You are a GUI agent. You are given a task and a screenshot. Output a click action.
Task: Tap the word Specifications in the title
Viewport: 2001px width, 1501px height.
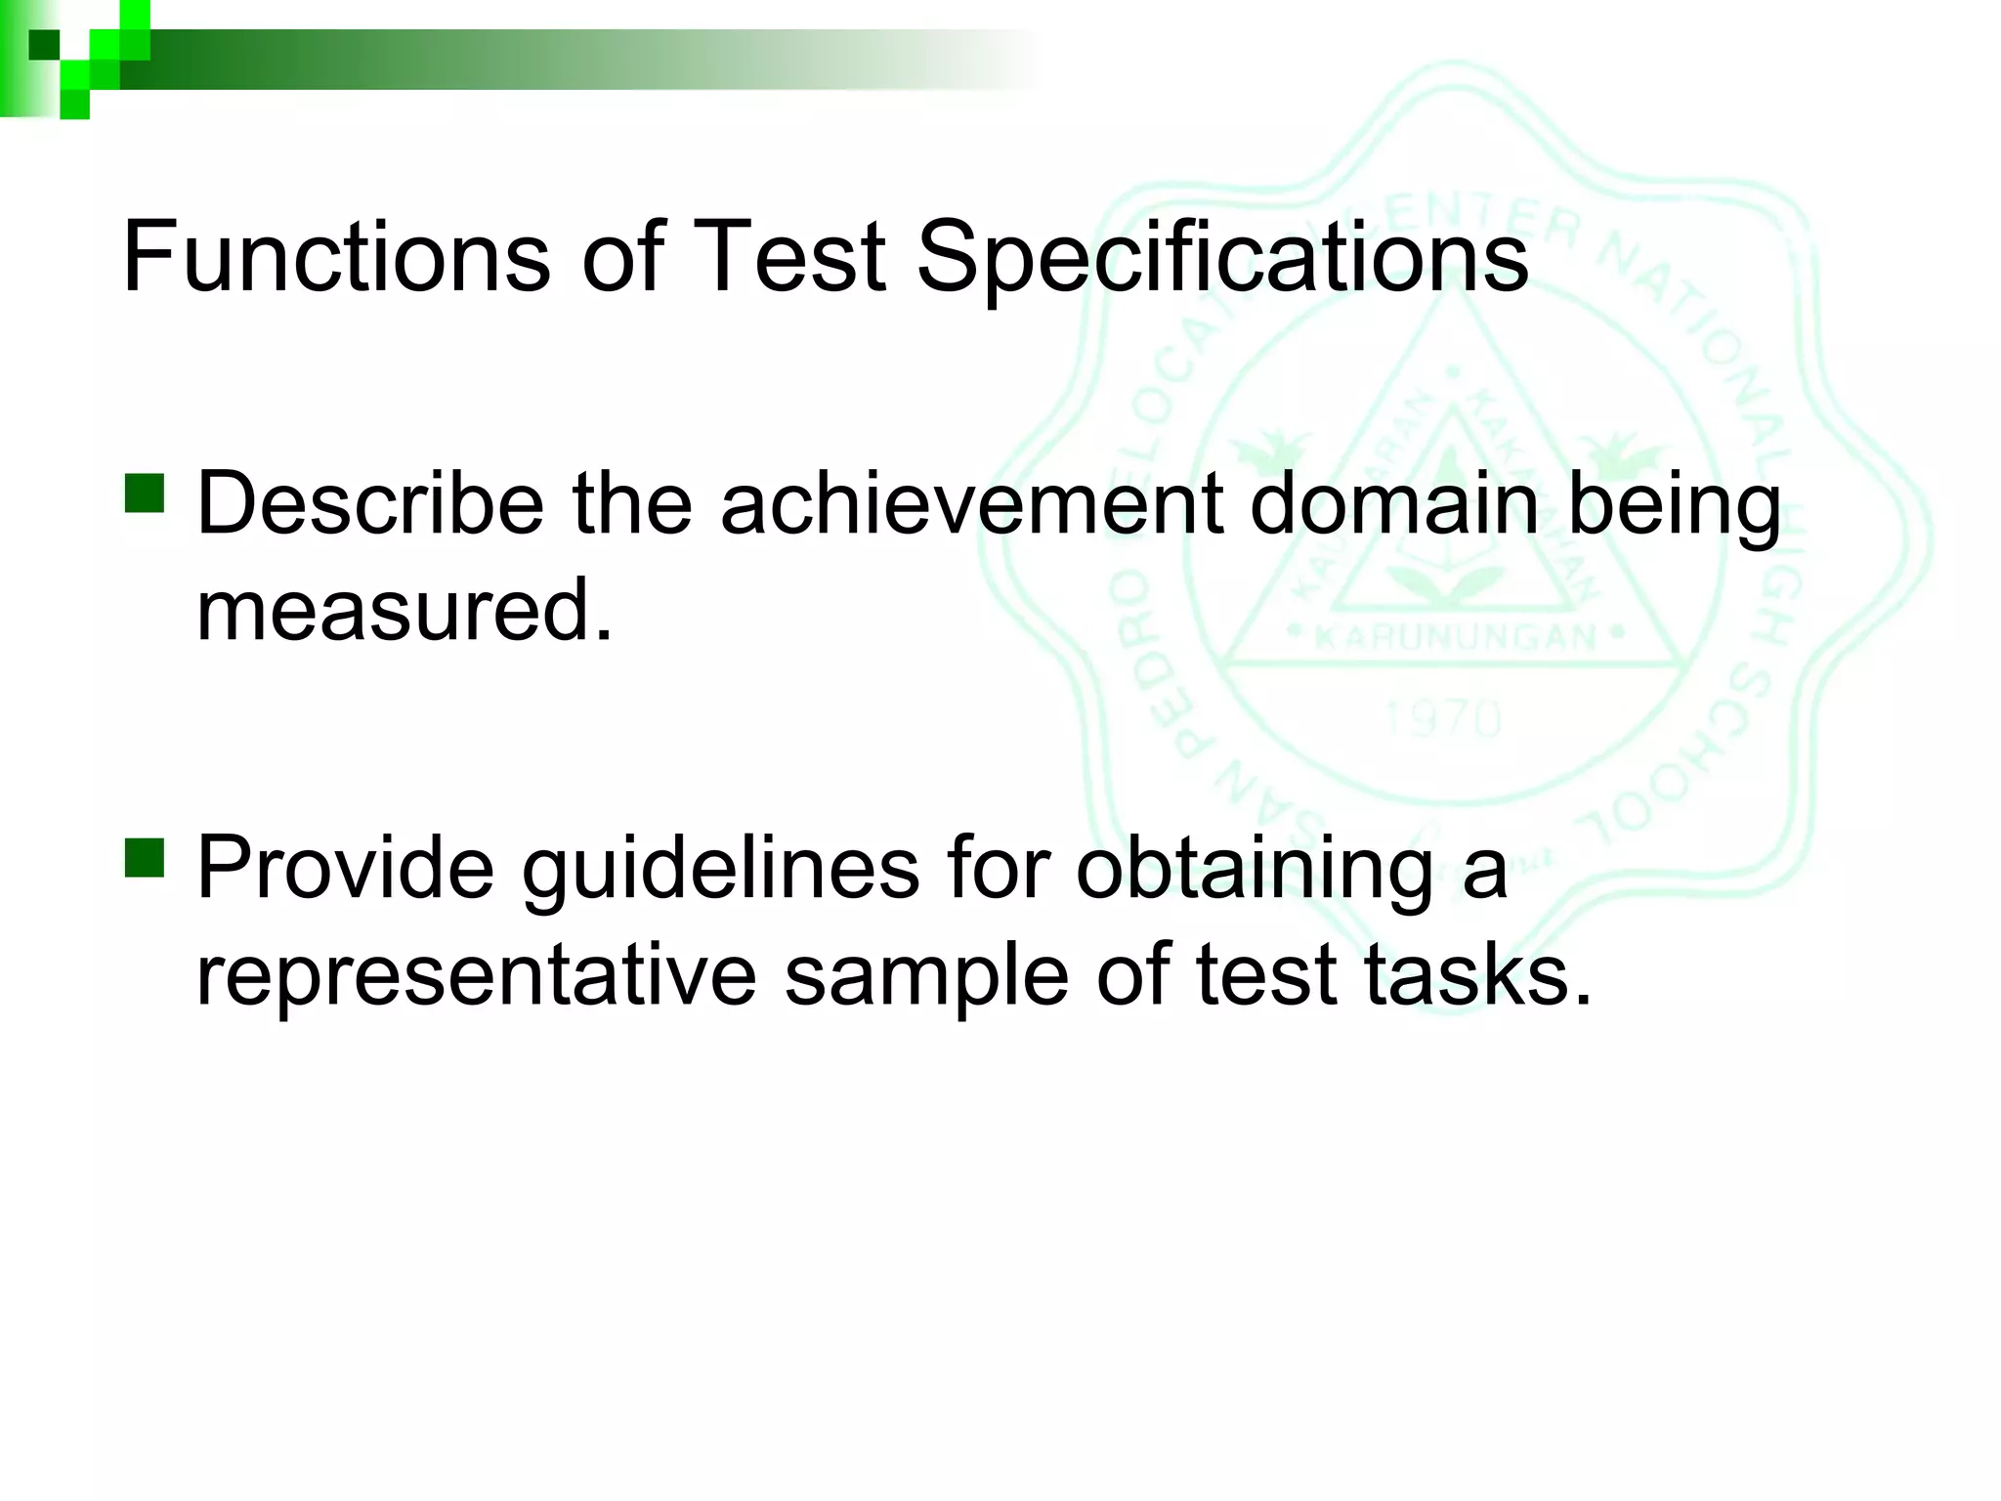(1221, 256)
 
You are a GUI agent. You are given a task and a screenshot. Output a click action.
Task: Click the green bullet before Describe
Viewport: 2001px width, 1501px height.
(145, 493)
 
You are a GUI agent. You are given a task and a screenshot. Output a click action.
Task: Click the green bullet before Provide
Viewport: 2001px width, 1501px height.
(145, 857)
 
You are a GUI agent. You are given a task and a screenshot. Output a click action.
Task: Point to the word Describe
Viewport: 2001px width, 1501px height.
(370, 503)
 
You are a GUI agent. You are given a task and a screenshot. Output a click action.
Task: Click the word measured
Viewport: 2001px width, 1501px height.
(404, 610)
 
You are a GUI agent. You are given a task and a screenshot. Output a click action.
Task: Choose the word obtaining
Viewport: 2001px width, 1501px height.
(1255, 868)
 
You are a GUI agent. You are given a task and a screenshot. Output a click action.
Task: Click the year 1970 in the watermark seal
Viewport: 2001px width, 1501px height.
(1442, 720)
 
